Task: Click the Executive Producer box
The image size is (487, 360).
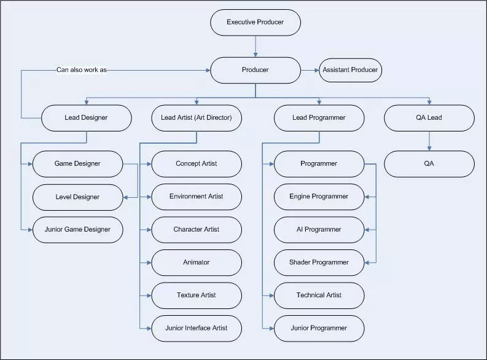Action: tap(255, 22)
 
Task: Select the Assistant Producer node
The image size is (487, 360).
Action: tap(350, 70)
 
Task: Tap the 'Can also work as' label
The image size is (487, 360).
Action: tap(82, 70)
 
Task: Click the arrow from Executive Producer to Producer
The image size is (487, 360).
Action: tap(255, 46)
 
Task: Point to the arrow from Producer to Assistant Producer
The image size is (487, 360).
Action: tap(310, 70)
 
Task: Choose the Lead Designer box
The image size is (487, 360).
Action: tap(87, 118)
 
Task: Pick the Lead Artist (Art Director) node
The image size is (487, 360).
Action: tap(197, 118)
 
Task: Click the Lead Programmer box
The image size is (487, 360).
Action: tap(319, 118)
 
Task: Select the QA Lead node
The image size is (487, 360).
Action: tap(429, 118)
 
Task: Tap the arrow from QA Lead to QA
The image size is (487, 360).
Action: tap(429, 141)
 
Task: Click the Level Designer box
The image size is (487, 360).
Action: tap(77, 197)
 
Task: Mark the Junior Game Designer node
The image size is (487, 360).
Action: tap(77, 230)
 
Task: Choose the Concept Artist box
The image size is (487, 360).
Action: tap(197, 164)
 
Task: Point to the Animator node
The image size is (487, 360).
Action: tap(197, 263)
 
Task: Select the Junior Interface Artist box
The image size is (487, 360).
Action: tap(197, 329)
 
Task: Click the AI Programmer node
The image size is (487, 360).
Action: tap(319, 230)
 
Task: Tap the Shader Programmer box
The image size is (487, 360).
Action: tap(319, 263)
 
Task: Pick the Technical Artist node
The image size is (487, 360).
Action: tap(319, 295)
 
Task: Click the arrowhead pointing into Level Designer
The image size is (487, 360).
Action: tap(125, 197)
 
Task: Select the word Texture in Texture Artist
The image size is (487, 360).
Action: tap(187, 295)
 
